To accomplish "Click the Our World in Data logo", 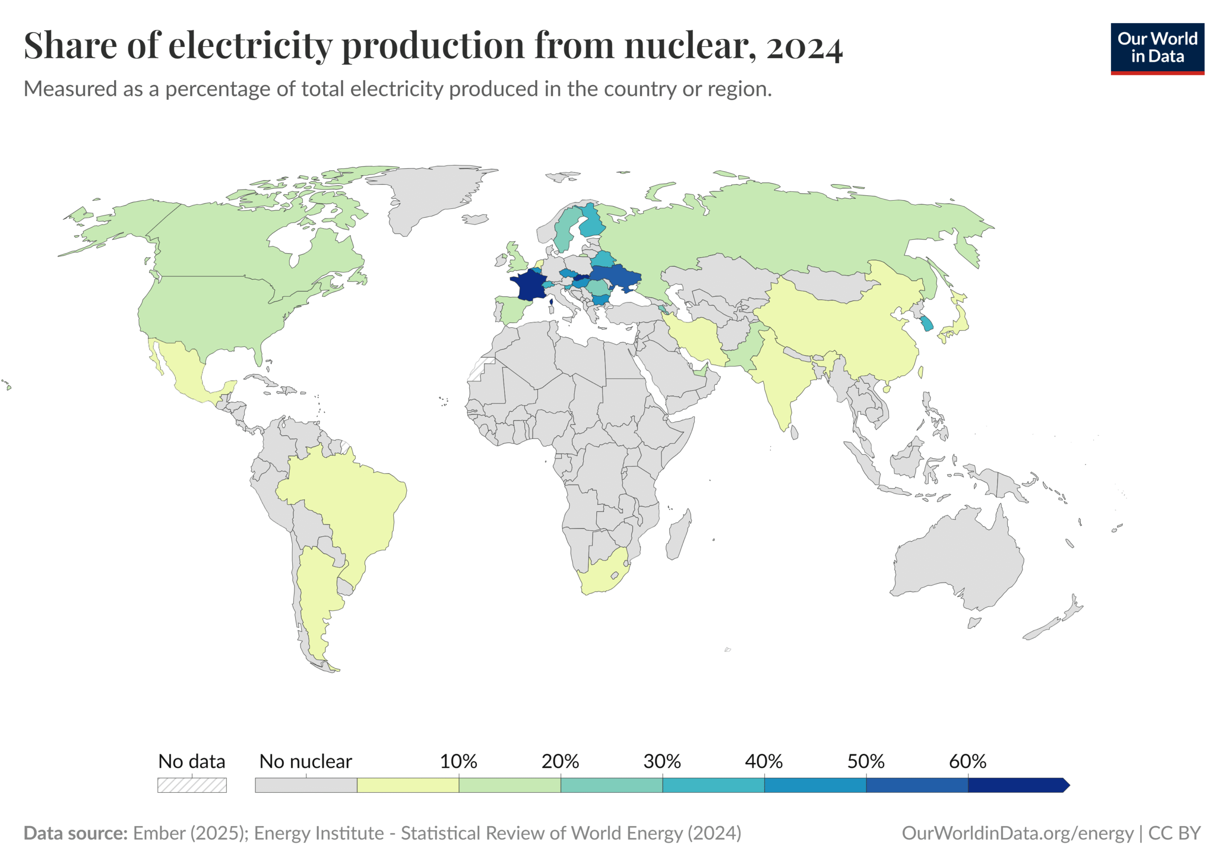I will click(x=1157, y=48).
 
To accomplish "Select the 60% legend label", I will click(x=967, y=761).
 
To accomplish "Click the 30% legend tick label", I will click(x=661, y=761).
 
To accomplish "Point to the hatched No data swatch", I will click(x=191, y=785).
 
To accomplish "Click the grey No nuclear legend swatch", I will click(x=306, y=785).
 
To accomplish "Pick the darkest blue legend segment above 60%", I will click(x=1016, y=785).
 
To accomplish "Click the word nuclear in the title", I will click(x=689, y=46).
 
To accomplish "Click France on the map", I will click(x=527, y=285).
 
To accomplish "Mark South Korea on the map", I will click(x=926, y=323).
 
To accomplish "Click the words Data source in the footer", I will click(x=75, y=833).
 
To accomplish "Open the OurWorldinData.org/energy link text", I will click(x=1017, y=833).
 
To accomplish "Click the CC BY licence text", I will click(x=1175, y=833).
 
